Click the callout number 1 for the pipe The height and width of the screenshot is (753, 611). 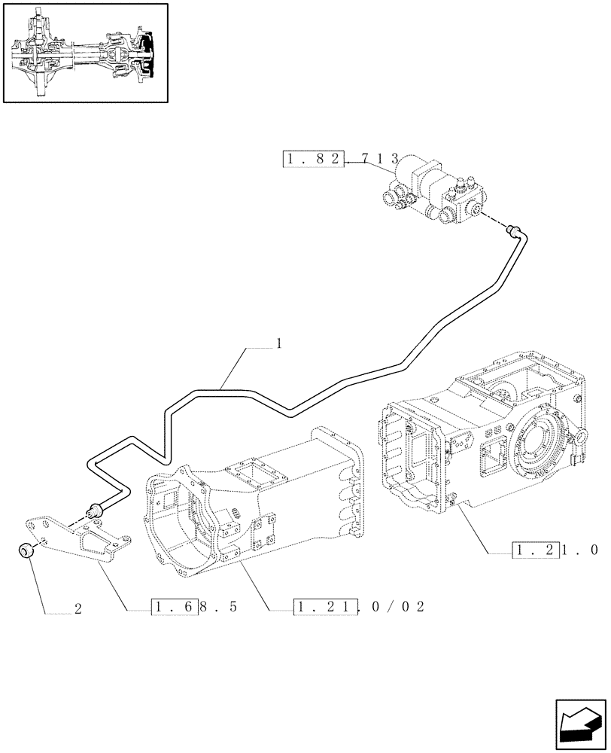[278, 343]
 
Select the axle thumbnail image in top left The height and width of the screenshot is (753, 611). [84, 53]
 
